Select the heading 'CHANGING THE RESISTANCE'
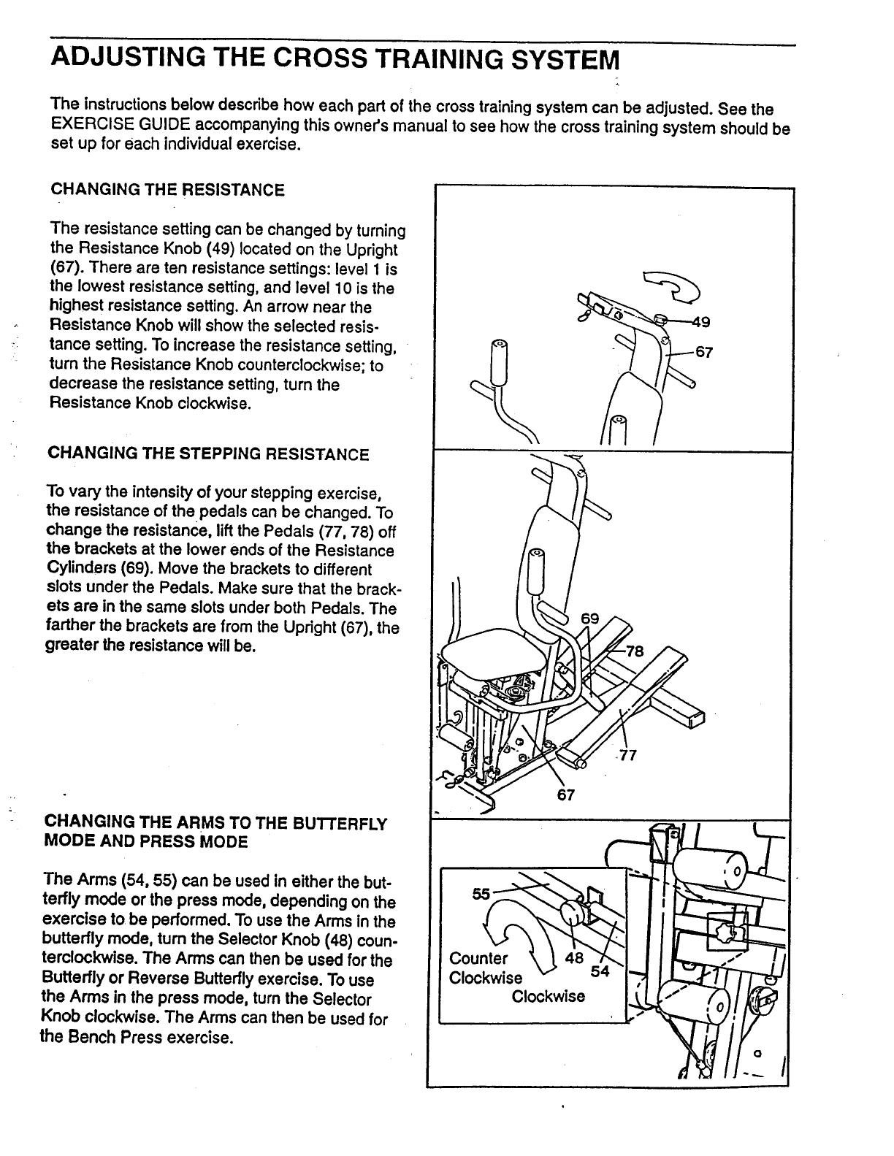167,191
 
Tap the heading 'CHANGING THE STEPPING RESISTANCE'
208,454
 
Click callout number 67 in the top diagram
703,352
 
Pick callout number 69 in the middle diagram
589,619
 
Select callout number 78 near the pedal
635,652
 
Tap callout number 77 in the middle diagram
628,756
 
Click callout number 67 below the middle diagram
567,795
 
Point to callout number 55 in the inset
481,893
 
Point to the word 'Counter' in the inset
478,959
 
